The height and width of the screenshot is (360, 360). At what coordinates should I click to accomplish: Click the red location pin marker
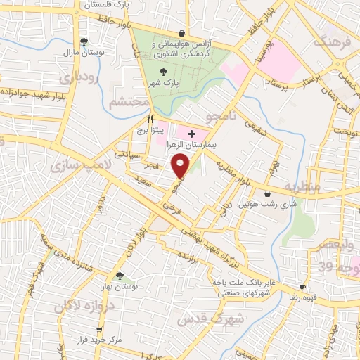(x=181, y=165)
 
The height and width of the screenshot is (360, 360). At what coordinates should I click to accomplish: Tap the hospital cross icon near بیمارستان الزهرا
(x=191, y=132)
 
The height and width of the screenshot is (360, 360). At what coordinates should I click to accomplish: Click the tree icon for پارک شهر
(x=163, y=72)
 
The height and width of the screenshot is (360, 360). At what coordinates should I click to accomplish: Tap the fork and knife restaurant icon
(x=149, y=119)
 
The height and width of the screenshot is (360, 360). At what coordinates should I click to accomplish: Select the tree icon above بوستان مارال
(x=84, y=42)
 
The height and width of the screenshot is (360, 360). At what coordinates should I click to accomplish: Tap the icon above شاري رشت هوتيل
(x=267, y=194)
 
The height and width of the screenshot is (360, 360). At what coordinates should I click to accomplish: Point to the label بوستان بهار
(x=120, y=287)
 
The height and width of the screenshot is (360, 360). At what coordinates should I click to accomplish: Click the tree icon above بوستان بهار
(x=120, y=276)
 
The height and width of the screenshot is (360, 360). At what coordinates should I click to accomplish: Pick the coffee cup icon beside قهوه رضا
(x=302, y=288)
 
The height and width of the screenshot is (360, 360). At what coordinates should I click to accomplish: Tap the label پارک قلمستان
(x=109, y=6)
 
